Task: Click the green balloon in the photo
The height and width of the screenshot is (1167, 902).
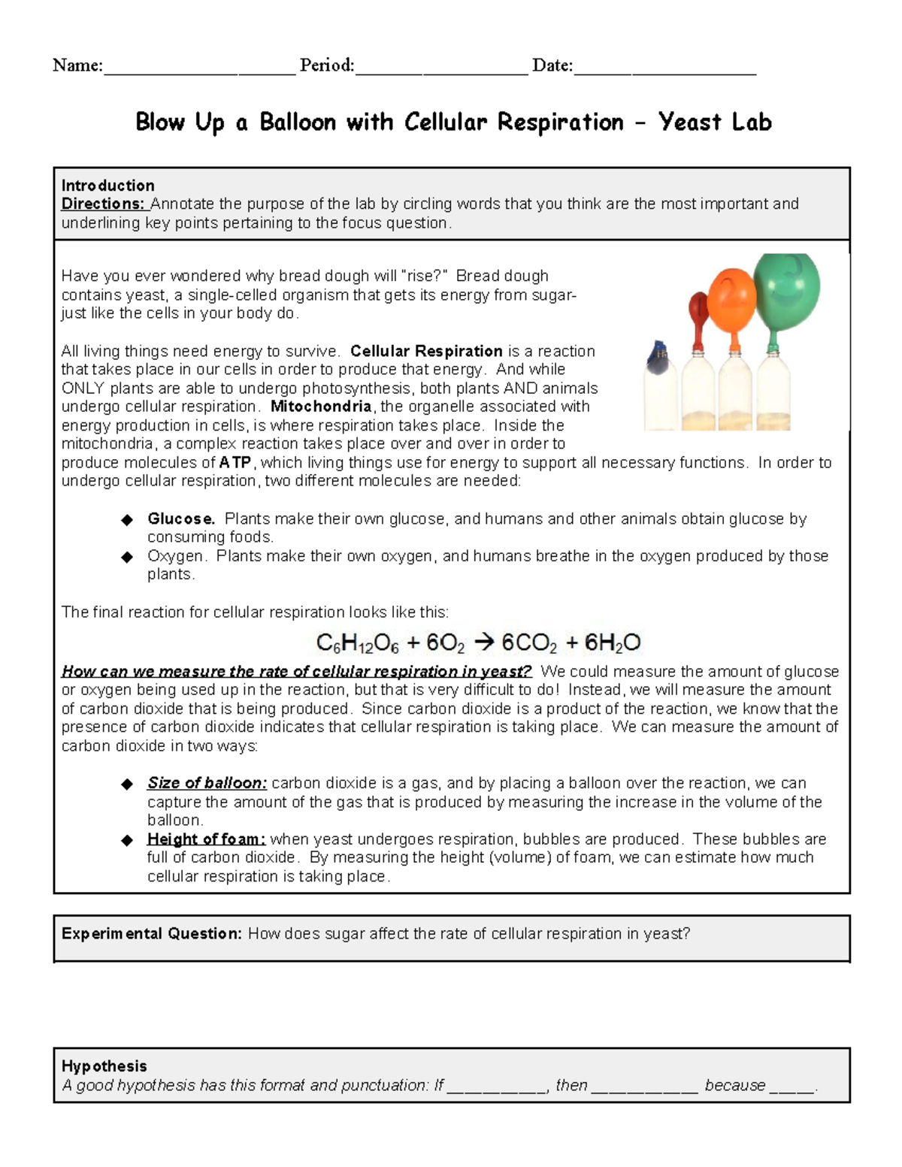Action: (x=787, y=289)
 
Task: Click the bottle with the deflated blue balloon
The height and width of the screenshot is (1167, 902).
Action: (x=660, y=387)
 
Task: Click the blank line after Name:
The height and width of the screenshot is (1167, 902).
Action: (x=199, y=68)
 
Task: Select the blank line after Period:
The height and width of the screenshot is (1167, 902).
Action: (x=442, y=68)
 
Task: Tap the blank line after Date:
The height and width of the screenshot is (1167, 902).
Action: (x=664, y=68)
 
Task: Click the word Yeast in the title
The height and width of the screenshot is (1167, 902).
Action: (x=689, y=122)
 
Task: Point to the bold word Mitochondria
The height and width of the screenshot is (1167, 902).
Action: (x=321, y=407)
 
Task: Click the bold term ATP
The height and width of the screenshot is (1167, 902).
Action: (x=235, y=463)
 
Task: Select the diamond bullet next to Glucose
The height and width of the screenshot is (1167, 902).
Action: (x=127, y=519)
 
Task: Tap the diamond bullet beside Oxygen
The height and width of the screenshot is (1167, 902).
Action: (x=127, y=557)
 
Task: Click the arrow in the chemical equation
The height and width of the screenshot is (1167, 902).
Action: (x=485, y=642)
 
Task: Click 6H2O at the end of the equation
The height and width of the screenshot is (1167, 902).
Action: (x=613, y=643)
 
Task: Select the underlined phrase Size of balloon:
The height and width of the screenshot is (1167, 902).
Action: (x=207, y=783)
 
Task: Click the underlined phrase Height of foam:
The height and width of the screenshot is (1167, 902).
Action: (x=206, y=839)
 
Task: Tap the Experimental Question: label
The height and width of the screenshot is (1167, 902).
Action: (x=152, y=933)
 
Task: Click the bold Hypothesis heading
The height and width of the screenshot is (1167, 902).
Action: (x=104, y=1066)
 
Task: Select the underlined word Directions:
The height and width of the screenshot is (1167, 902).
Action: (x=104, y=204)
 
